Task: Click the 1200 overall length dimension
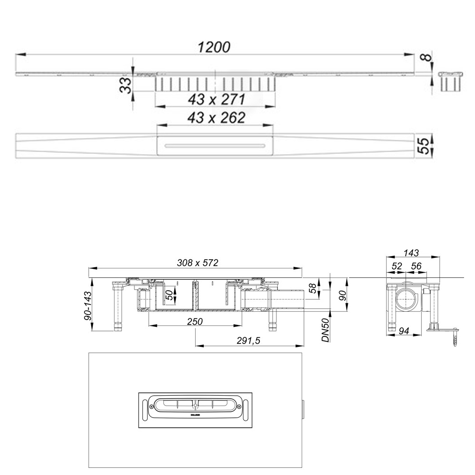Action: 215,47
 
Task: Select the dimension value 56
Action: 417,267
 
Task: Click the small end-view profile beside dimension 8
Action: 450,81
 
